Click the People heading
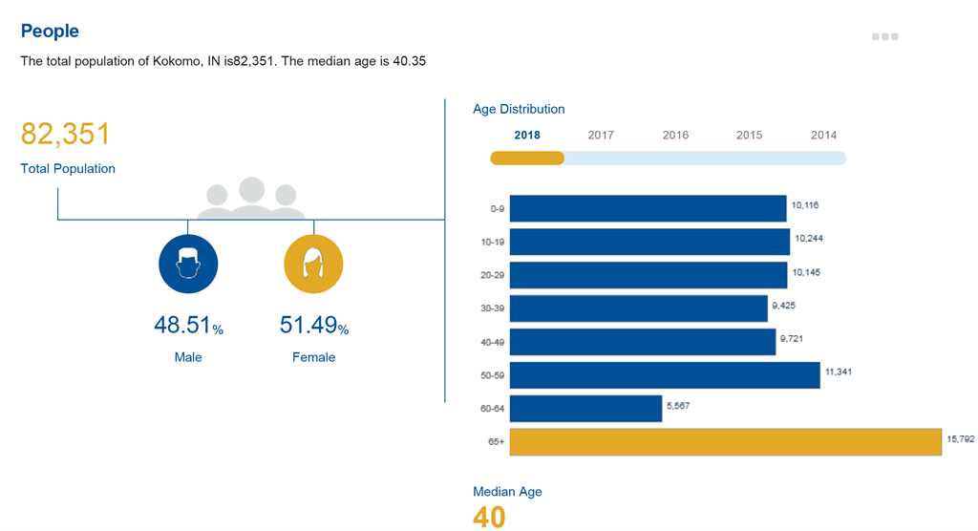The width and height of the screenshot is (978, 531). pyautogui.click(x=50, y=32)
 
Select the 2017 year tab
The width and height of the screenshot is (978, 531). pyautogui.click(x=601, y=135)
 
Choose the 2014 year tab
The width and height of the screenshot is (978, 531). pyautogui.click(x=823, y=135)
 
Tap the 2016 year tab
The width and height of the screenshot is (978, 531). pyautogui.click(x=675, y=135)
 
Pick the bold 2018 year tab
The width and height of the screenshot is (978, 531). pyautogui.click(x=527, y=135)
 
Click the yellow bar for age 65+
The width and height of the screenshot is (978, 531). pyautogui.click(x=725, y=442)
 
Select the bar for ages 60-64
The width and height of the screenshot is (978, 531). pyautogui.click(x=585, y=409)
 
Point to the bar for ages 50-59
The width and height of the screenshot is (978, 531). pyautogui.click(x=665, y=375)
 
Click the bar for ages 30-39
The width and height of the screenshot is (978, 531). pyautogui.click(x=638, y=308)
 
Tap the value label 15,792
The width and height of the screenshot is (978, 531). pyautogui.click(x=960, y=439)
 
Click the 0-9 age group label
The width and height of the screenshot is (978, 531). pyautogui.click(x=497, y=208)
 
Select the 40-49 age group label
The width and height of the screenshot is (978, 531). pyautogui.click(x=493, y=342)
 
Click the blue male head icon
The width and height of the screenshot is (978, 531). pyautogui.click(x=188, y=264)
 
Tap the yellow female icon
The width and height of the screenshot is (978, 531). pyautogui.click(x=313, y=264)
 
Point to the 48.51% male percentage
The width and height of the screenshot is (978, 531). pyautogui.click(x=188, y=326)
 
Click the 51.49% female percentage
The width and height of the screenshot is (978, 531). pyautogui.click(x=313, y=326)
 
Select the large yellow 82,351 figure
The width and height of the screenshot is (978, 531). pyautogui.click(x=66, y=135)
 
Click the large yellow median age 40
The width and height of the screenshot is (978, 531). pyautogui.click(x=489, y=517)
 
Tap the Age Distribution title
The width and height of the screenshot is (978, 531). pyautogui.click(x=519, y=109)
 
